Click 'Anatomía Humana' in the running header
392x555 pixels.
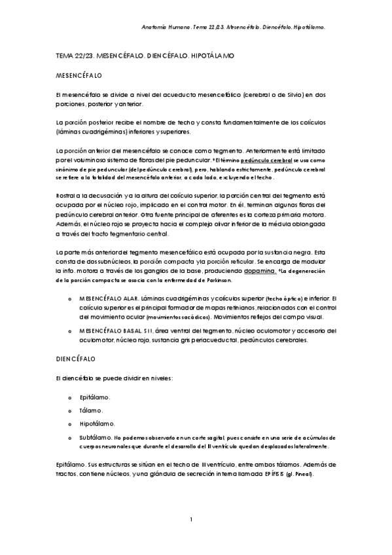tap(162, 27)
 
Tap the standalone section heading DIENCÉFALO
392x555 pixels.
tap(76, 359)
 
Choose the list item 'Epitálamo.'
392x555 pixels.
tap(95, 397)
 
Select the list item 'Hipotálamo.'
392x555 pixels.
tap(97, 423)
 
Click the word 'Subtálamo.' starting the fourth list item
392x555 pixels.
tap(94, 437)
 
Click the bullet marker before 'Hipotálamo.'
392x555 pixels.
tap(70, 423)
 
